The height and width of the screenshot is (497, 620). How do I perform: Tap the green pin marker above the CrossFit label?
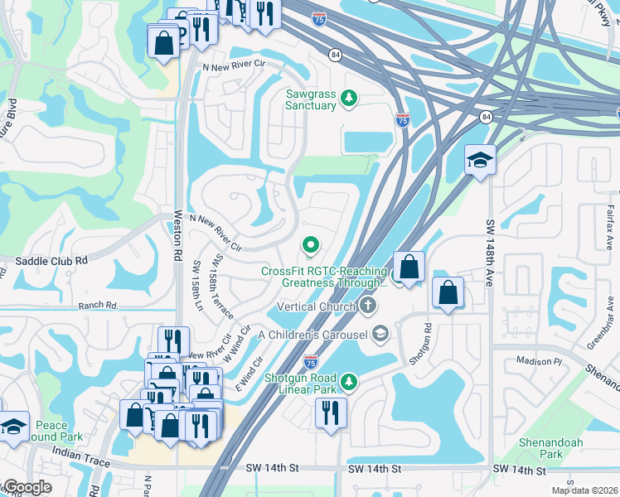pos(311,244)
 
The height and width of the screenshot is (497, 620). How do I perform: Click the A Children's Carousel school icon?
pos(380,334)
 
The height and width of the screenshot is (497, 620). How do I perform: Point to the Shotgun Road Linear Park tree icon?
pos(349,381)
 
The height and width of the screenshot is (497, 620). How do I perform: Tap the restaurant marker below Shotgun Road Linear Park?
pos(331,413)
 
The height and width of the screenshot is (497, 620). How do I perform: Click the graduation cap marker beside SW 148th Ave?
pos(479,160)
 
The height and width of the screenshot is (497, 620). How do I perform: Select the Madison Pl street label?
pos(539,361)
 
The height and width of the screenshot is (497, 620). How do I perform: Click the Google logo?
pos(27,488)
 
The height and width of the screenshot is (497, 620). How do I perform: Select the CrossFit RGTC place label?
pos(324,277)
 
